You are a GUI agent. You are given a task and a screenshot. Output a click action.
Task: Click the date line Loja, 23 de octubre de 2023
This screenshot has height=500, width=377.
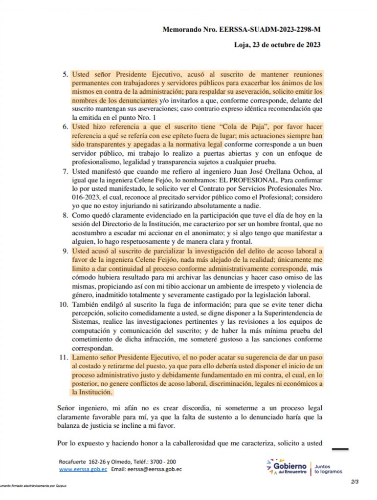click(277, 45)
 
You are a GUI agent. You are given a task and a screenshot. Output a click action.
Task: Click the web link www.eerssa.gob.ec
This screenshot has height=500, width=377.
click(81, 469)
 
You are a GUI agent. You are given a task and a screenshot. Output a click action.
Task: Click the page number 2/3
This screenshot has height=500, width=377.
click(355, 482)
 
